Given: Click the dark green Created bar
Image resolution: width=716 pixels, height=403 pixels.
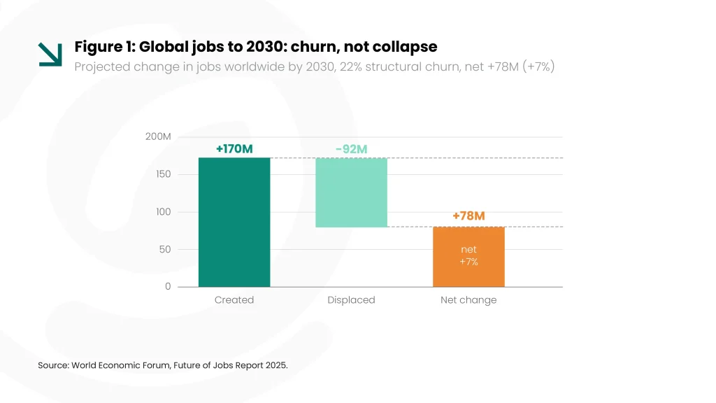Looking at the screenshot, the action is coord(234,222).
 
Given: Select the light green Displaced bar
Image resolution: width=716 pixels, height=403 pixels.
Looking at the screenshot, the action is coord(351,192).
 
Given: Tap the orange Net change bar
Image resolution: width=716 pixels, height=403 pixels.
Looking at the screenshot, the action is coord(468,257).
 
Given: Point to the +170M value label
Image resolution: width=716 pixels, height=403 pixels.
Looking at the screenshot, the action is coord(234,149).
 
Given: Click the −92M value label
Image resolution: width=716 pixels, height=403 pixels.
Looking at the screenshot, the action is coord(351,150).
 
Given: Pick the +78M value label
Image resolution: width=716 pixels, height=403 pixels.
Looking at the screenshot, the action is coord(468,215).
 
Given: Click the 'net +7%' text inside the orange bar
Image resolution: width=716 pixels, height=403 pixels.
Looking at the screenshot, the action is coord(468,255).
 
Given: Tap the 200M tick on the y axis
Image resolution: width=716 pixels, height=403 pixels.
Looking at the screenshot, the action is coord(158,136).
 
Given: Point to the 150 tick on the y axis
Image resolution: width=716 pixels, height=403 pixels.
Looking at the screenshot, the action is coord(163,174).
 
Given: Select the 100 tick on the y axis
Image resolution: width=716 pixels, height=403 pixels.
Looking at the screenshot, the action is coord(163,212).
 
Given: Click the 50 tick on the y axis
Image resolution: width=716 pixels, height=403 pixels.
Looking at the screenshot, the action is coord(165,250).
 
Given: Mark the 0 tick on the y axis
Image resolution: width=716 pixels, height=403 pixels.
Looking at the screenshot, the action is coord(168,286).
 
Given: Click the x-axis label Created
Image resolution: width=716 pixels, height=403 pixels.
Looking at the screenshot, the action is coord(234,299).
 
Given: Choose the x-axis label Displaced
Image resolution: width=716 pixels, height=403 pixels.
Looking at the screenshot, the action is coord(351,300).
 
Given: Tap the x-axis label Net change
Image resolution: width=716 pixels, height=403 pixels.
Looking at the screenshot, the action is coord(468,300).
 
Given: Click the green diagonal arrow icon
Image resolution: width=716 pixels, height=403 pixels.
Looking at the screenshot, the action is coord(50,55).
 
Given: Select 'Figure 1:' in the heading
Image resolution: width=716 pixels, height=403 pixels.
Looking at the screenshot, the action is coord(105,47).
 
